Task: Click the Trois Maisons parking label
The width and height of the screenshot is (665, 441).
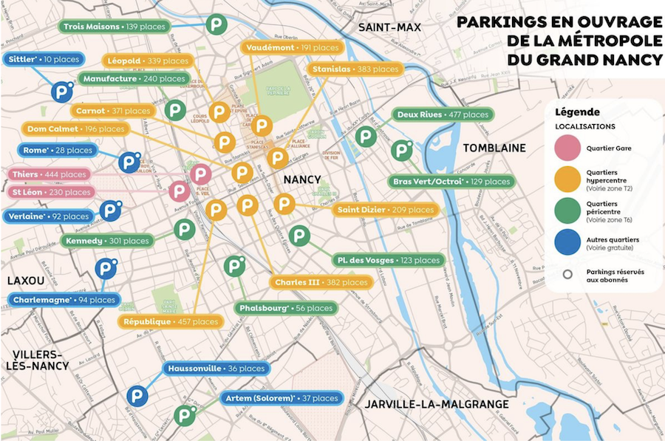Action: tap(114, 27)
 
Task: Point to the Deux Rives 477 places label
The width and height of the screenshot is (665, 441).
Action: tap(443, 114)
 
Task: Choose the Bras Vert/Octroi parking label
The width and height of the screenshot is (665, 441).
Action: tap(449, 182)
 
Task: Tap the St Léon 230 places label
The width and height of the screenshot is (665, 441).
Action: tap(51, 192)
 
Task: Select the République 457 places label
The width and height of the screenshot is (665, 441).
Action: tap(171, 321)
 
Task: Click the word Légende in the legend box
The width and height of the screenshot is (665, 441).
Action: tap(576, 112)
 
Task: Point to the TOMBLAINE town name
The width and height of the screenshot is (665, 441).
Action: tap(494, 148)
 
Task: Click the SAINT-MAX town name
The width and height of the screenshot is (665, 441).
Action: tap(389, 28)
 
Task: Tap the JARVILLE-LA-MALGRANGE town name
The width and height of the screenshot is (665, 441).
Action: tap(436, 404)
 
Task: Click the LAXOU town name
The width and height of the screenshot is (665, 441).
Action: tap(26, 281)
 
